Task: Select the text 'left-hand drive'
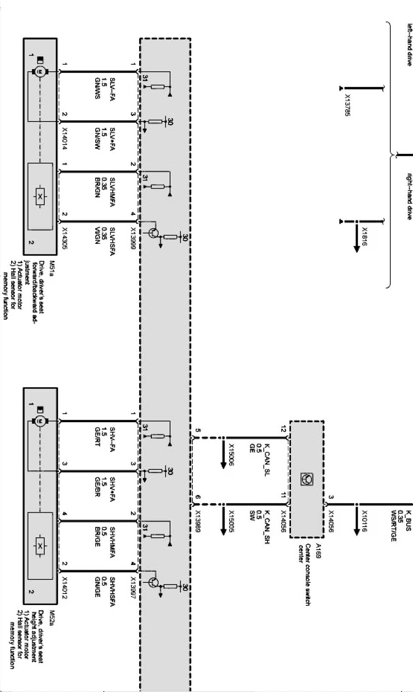click(x=409, y=45)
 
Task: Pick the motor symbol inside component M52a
click(x=40, y=421)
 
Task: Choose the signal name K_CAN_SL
click(x=267, y=458)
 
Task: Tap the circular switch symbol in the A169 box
click(x=306, y=479)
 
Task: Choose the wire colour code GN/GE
click(x=97, y=587)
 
